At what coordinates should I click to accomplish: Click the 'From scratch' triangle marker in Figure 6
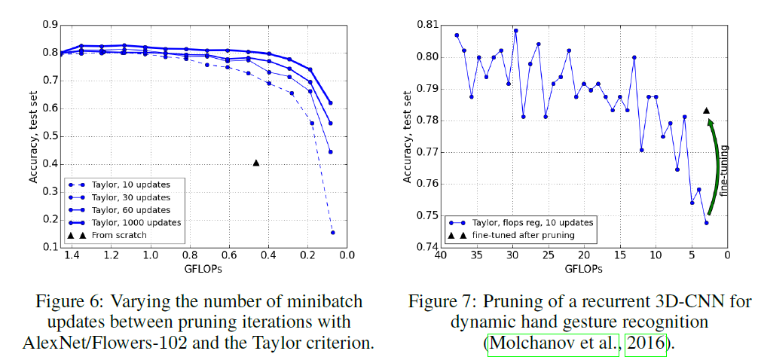pos(256,162)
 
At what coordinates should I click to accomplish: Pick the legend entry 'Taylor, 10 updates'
pos(130,184)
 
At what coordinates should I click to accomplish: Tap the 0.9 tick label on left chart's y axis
pos(50,25)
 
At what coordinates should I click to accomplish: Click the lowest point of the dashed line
pos(332,233)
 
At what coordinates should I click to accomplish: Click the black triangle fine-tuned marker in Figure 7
pos(706,110)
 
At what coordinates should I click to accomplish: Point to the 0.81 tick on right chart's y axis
pos(426,26)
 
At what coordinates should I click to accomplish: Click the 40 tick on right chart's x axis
pos(439,256)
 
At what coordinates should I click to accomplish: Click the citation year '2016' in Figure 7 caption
pos(646,343)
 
